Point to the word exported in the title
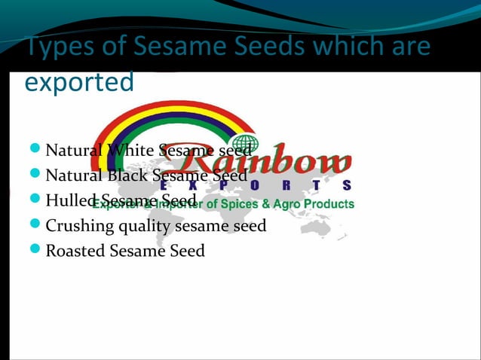[x=79, y=82]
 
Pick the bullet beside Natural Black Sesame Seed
[x=36, y=175]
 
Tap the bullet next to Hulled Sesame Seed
[x=36, y=200]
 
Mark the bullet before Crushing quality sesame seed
[x=36, y=224]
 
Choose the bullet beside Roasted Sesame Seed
[x=36, y=249]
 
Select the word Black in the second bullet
[x=127, y=176]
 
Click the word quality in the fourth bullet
[x=142, y=226]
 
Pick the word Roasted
[x=75, y=250]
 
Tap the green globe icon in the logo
[x=245, y=143]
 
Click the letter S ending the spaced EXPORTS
[x=346, y=185]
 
